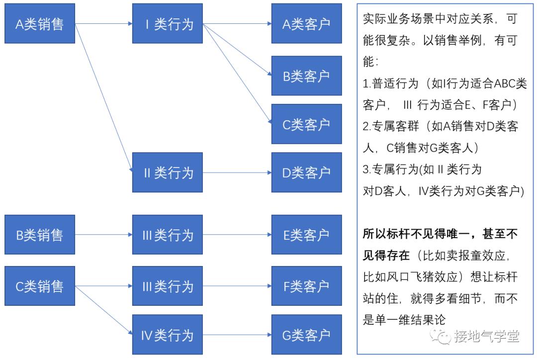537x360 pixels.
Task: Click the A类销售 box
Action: [40, 23]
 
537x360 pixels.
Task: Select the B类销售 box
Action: [40, 235]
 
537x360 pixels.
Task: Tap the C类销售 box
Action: [40, 286]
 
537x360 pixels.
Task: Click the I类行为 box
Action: [168, 23]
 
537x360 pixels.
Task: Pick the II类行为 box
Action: [168, 173]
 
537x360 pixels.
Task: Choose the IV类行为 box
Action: [168, 335]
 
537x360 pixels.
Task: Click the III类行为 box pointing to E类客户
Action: [168, 235]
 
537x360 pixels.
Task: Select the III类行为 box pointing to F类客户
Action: [168, 286]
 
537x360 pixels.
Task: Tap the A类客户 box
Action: [306, 23]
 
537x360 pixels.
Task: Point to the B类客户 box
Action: [306, 76]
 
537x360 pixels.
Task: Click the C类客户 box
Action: [306, 124]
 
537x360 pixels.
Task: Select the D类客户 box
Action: [306, 173]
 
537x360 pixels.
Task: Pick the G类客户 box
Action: [306, 335]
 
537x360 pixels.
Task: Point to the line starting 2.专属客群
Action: [440, 126]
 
